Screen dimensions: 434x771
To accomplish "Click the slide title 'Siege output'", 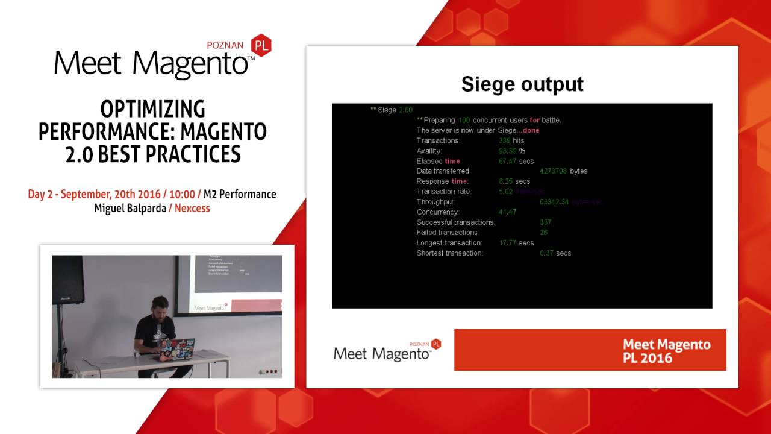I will pyautogui.click(x=522, y=84).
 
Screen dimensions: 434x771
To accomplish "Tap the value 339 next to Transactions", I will pyautogui.click(x=505, y=140).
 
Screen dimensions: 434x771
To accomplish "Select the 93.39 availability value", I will pyautogui.click(x=508, y=151).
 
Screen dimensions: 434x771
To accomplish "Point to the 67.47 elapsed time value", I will pyautogui.click(x=508, y=161).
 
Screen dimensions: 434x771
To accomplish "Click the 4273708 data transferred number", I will pyautogui.click(x=553, y=171).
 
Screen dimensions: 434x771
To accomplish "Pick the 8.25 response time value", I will pyautogui.click(x=505, y=181).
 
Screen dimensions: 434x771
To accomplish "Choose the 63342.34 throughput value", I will pyautogui.click(x=554, y=202).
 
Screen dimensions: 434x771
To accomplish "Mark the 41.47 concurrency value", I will pyautogui.click(x=508, y=212).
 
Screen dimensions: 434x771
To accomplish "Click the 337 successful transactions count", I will pyautogui.click(x=546, y=222).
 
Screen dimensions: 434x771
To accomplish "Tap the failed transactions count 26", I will pyautogui.click(x=544, y=233).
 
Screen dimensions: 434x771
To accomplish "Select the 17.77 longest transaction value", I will pyautogui.click(x=508, y=243).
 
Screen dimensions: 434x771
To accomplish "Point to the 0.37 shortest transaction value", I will pyautogui.click(x=547, y=253).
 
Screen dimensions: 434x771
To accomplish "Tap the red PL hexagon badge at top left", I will pyautogui.click(x=261, y=45).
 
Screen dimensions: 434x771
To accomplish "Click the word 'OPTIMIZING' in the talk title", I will pyautogui.click(x=152, y=109).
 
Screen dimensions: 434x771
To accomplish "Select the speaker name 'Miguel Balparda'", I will pyautogui.click(x=130, y=209).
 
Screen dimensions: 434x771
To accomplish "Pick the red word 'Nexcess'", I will pyautogui.click(x=193, y=209).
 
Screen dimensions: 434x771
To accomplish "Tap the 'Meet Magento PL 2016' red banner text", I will pyautogui.click(x=666, y=350).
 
